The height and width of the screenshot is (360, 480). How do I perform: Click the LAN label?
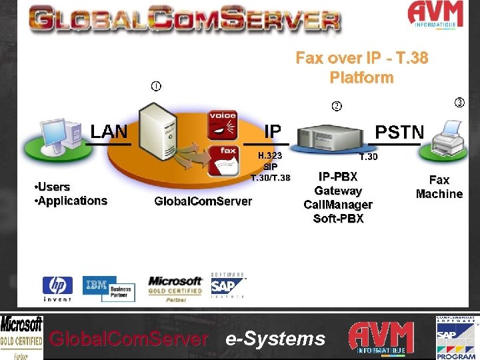coord(109,131)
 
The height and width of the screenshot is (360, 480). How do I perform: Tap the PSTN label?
coord(399,131)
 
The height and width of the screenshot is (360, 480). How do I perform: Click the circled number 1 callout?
coord(155,86)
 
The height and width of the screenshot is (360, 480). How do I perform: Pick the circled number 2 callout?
coord(337,106)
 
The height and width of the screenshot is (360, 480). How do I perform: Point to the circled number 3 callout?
coord(459,102)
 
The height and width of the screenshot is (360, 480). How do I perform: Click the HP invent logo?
coord(58,288)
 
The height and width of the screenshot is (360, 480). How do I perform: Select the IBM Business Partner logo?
coord(109,288)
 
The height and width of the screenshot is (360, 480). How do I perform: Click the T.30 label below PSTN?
coord(368,157)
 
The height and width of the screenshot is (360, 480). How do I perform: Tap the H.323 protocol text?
coord(271,155)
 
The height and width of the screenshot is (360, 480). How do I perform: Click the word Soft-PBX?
coord(338,219)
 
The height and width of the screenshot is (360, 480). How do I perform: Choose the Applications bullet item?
coord(70,201)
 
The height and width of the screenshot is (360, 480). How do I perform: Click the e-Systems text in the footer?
coord(275,339)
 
